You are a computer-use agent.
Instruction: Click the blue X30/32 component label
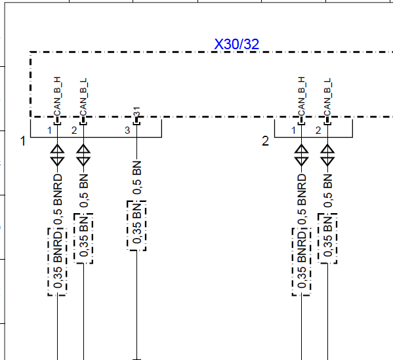tap(237, 44)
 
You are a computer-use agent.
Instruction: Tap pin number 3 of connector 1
tap(127, 130)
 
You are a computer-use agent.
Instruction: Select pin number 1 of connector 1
tap(49, 130)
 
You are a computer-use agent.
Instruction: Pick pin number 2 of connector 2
tap(318, 130)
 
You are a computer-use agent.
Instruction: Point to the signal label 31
tap(136, 111)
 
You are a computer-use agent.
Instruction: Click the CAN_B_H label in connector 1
tap(57, 96)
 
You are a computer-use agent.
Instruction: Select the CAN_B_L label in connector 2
tap(327, 97)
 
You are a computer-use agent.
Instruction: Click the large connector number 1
tap(23, 141)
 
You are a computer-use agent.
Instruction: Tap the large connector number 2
tap(265, 141)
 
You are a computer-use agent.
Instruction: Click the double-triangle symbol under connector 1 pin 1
tap(57, 155)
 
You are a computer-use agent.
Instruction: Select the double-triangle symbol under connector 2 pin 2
tap(327, 155)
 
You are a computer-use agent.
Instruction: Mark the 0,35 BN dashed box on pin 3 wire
tap(136, 226)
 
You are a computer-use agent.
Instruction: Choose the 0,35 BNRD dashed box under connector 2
tap(302, 262)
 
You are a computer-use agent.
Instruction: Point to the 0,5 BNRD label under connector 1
tap(58, 199)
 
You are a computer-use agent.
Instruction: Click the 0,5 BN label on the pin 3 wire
tap(137, 178)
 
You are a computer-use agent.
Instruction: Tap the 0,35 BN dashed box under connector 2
tap(327, 239)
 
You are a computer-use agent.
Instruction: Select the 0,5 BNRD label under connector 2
tap(302, 199)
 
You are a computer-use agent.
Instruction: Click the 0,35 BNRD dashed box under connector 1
tap(57, 262)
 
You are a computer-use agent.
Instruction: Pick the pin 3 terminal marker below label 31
tap(136, 121)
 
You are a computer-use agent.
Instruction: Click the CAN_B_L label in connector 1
tap(83, 97)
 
